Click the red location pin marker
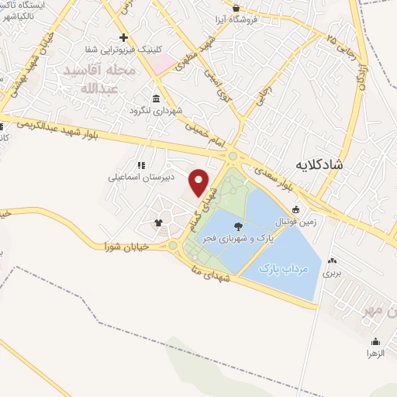[x=199, y=182]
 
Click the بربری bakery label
[x=332, y=273]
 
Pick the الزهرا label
[x=376, y=353]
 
